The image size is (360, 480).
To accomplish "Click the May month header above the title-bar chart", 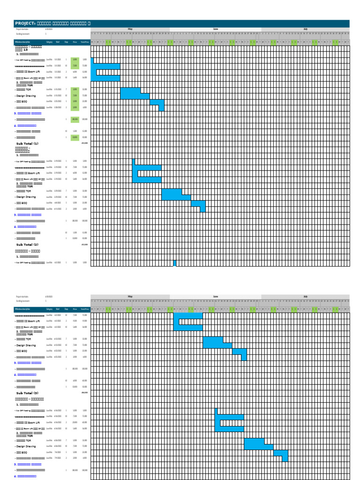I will point(130,29).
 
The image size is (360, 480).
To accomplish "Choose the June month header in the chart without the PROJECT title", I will point(215,297).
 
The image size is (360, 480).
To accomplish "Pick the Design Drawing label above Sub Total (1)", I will point(27,96).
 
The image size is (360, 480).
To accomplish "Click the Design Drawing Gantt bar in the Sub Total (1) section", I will point(135,96).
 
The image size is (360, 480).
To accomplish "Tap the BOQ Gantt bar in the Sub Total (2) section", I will point(198,203).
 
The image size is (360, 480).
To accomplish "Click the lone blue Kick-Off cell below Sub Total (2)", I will point(175,263).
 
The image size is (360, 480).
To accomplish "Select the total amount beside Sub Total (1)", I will point(84,143).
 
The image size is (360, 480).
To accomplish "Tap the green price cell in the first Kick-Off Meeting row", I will point(75,60).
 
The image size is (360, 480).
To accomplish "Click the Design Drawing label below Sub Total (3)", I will point(27,446).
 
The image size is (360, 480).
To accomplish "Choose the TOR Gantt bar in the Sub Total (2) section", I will point(172,191).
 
